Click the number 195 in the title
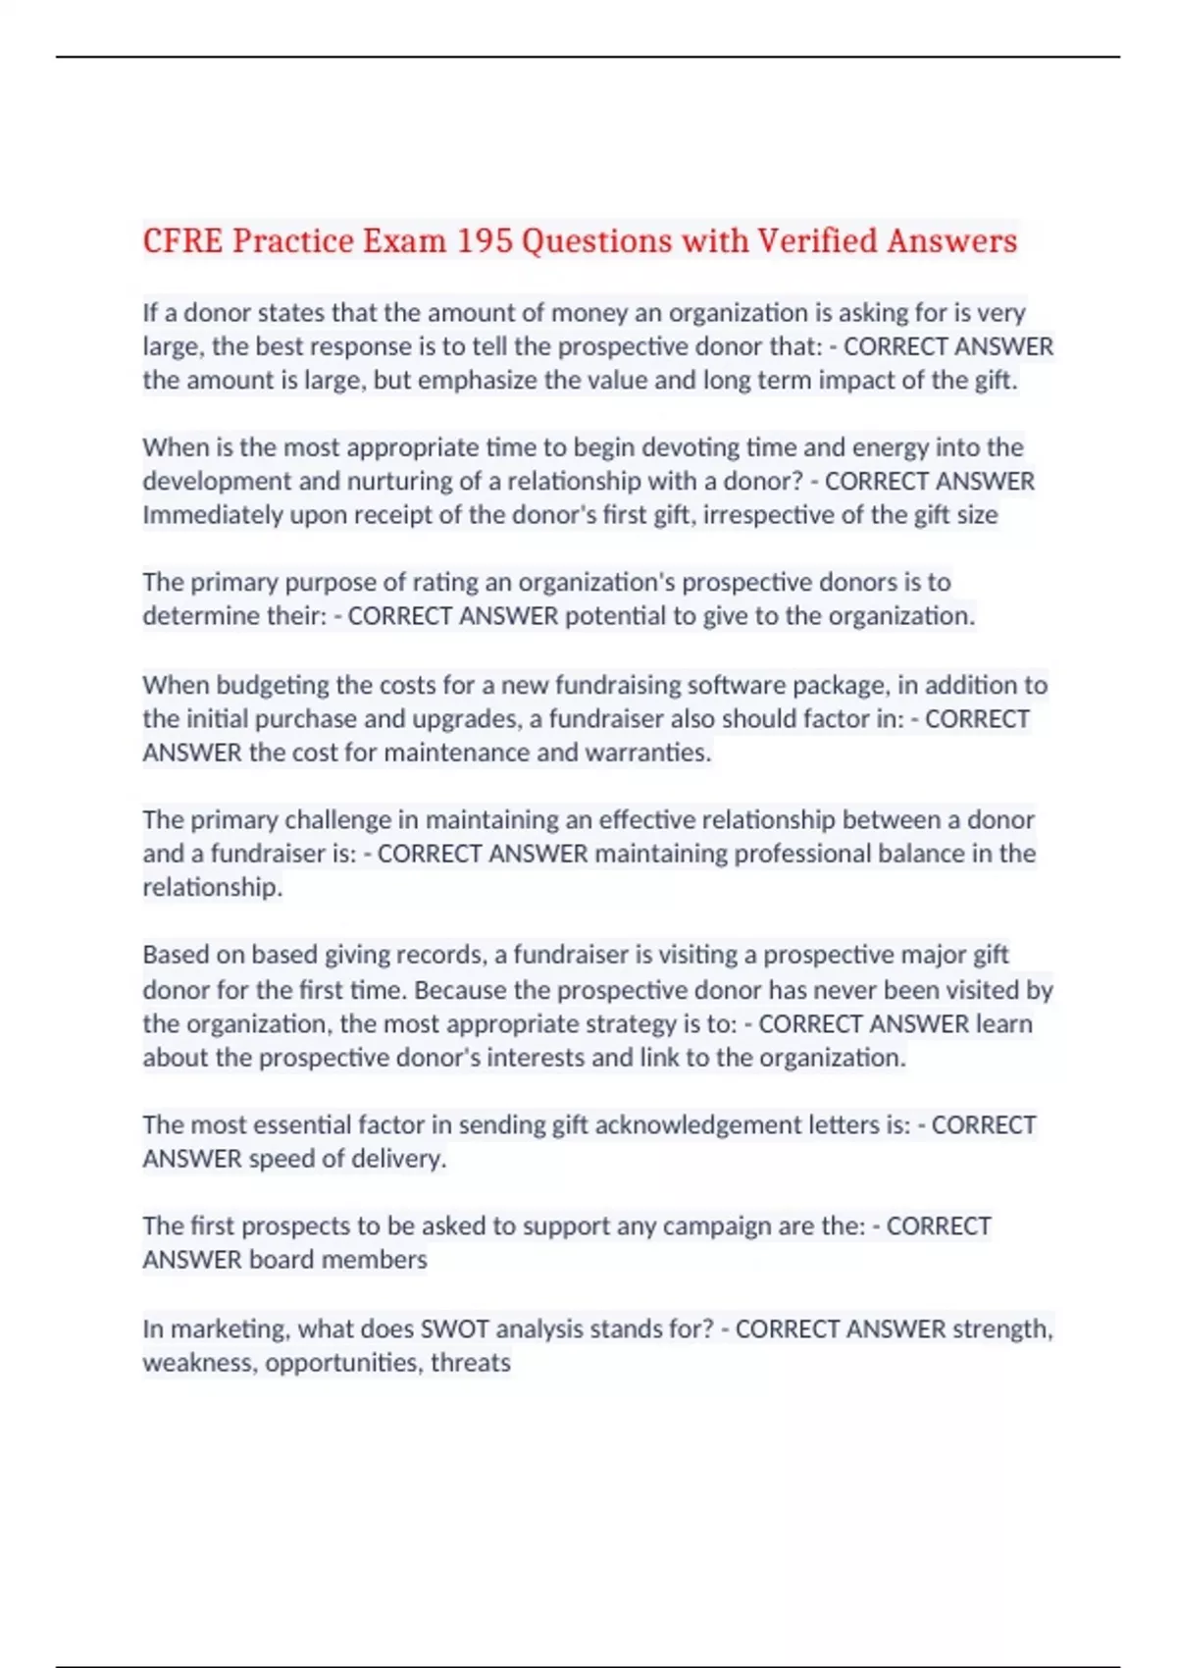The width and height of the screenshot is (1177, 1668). coord(485,240)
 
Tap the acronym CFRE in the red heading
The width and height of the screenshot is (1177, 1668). coord(183,240)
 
